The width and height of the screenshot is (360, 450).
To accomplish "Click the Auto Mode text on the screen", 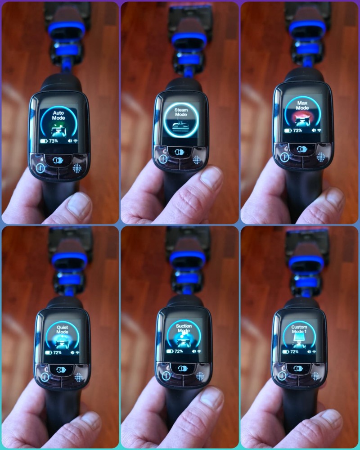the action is point(58,115).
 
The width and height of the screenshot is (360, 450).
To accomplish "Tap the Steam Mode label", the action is point(181,112).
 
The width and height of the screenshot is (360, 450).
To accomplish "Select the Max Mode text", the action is point(302,105).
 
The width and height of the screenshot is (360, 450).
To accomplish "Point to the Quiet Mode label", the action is point(62,329).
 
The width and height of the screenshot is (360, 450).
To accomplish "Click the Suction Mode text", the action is point(184,328).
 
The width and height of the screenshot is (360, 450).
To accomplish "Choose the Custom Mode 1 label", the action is point(299,329).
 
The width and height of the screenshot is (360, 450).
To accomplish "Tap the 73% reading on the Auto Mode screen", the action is point(54,141).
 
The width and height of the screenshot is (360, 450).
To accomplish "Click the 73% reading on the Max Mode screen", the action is point(297,130).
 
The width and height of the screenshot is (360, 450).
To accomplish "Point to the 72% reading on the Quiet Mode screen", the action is point(57,352).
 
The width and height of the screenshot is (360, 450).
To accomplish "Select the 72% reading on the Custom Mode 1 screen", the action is point(294,351).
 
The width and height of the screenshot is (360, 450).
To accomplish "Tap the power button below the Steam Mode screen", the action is point(163,159).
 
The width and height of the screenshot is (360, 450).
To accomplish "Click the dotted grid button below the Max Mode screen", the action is point(321,157).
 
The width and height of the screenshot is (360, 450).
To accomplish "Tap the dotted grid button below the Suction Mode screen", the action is point(200,376).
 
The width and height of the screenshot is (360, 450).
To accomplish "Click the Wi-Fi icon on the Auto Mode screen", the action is point(76,141).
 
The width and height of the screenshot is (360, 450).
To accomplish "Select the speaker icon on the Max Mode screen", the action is point(314,130).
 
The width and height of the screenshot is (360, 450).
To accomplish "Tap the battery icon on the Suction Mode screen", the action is point(170,351).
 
